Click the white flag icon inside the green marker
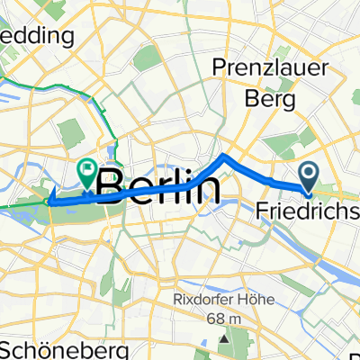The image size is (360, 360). [x=87, y=166]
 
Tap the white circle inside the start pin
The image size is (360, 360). [x=308, y=171]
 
